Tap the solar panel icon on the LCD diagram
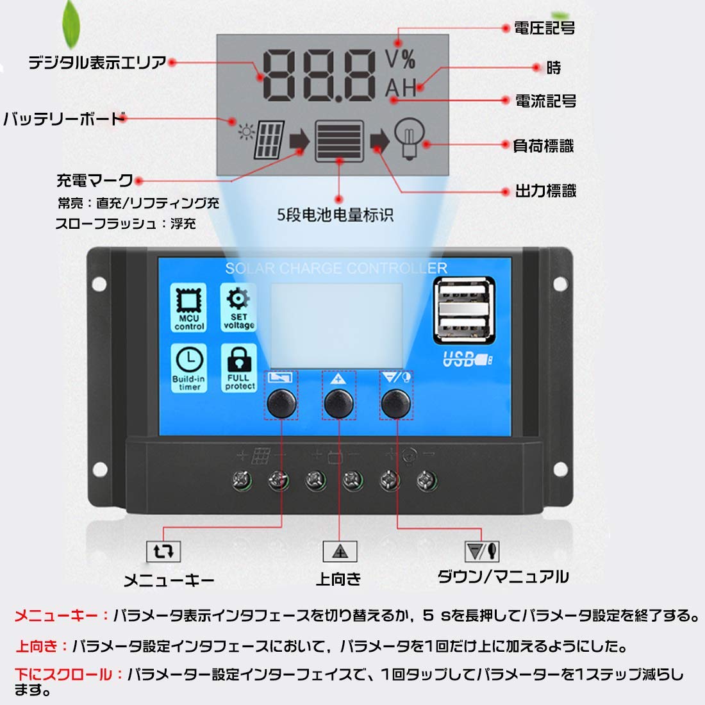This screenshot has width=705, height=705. [x=269, y=140]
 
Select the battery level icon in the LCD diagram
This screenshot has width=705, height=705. [x=339, y=141]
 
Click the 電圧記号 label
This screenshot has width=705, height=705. [x=544, y=28]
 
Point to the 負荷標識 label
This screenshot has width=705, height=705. [x=543, y=146]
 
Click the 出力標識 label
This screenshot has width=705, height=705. [x=545, y=191]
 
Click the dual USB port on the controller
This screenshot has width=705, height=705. [x=463, y=309]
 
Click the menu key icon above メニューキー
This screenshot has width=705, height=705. [x=163, y=551]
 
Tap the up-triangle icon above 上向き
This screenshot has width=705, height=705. [x=340, y=551]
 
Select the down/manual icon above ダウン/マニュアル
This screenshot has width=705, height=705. [x=482, y=551]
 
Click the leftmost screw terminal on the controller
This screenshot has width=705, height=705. [x=242, y=479]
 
